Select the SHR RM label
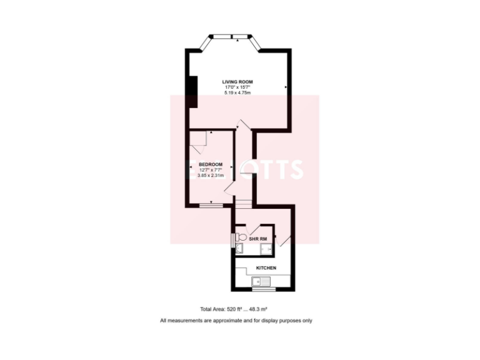[x=258, y=239]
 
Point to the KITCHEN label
[x=266, y=268]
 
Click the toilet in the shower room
[x=242, y=237]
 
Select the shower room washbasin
[x=239, y=249]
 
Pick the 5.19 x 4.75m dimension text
[x=237, y=92]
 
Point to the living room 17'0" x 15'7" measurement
[x=237, y=87]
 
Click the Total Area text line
[x=233, y=309]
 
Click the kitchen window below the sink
[x=264, y=289]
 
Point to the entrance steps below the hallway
[x=244, y=202]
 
